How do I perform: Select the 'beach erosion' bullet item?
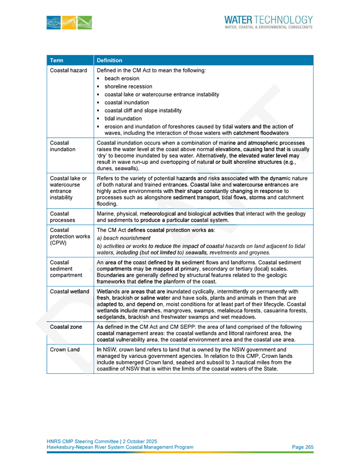point(122,78)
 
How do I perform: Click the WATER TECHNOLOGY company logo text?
point(268,21)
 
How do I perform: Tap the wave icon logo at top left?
point(69,22)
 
